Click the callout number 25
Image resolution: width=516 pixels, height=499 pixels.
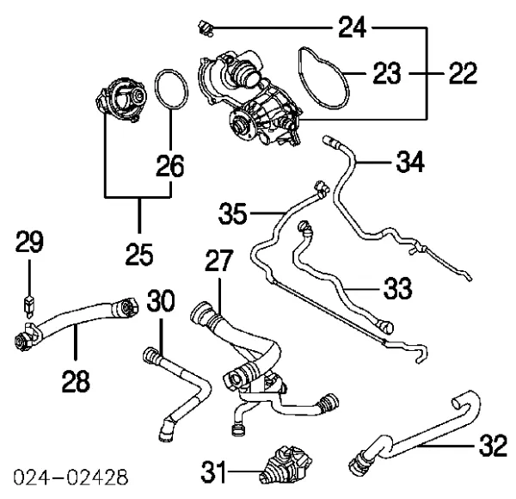pyautogui.click(x=138, y=255)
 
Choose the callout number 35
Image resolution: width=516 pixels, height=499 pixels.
pyautogui.click(x=232, y=212)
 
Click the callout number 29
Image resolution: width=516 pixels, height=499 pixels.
pyautogui.click(x=30, y=244)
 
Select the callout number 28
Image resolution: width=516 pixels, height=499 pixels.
pyautogui.click(x=76, y=379)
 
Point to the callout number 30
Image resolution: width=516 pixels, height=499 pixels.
pyautogui.click(x=161, y=302)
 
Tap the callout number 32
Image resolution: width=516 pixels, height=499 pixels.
pyautogui.click(x=493, y=447)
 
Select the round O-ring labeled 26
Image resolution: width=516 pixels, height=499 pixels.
pyautogui.click(x=170, y=91)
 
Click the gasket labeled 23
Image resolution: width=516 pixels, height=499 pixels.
pyautogui.click(x=321, y=77)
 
